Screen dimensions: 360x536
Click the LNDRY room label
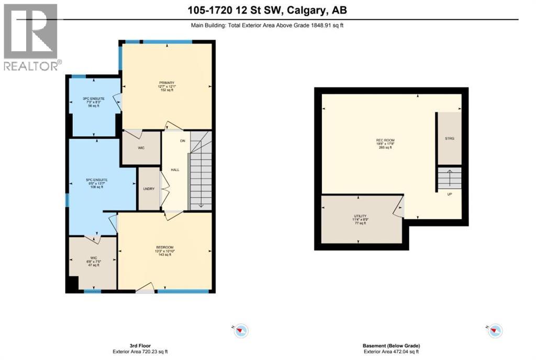pyautogui.click(x=149, y=189)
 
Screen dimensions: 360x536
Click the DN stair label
pyautogui.click(x=182, y=141)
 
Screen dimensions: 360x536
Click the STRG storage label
pyautogui.click(x=449, y=138)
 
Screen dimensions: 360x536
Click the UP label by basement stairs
pyautogui.click(x=449, y=194)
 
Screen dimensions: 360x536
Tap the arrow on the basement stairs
pyautogui.click(x=449, y=178)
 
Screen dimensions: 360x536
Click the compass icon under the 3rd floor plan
pyautogui.click(x=241, y=330)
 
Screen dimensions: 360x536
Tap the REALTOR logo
pyautogui.click(x=31, y=37)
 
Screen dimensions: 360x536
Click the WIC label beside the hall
pyautogui.click(x=141, y=148)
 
